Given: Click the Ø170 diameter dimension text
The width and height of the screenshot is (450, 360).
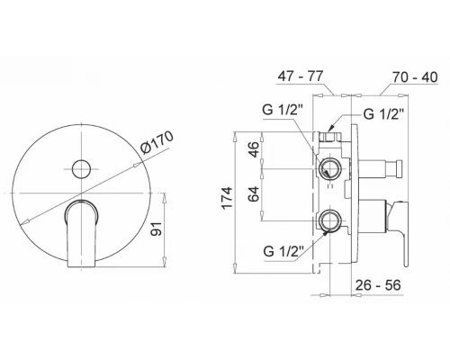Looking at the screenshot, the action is (157, 142).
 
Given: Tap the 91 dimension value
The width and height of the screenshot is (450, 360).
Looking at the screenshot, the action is (157, 229).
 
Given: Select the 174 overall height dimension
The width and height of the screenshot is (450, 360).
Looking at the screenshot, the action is (227, 197).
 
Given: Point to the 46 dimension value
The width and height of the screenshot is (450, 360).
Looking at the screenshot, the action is (254, 149).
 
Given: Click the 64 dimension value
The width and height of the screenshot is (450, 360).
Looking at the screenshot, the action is (254, 193).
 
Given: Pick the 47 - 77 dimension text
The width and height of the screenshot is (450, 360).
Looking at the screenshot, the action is (300, 76).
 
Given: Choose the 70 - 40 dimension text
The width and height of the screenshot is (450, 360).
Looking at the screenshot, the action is (415, 77).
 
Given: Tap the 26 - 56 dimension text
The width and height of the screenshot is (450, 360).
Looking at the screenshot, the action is (378, 284).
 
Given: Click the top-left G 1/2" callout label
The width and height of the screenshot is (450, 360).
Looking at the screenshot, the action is (283, 110).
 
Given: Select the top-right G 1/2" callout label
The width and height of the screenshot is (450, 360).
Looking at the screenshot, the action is (383, 114).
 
